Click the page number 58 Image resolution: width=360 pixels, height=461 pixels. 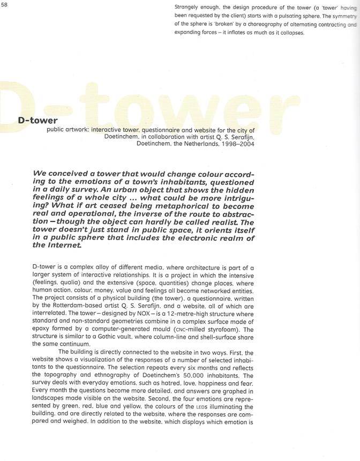[x=4, y=4]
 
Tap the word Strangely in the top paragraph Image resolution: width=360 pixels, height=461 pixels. [x=189, y=6]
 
